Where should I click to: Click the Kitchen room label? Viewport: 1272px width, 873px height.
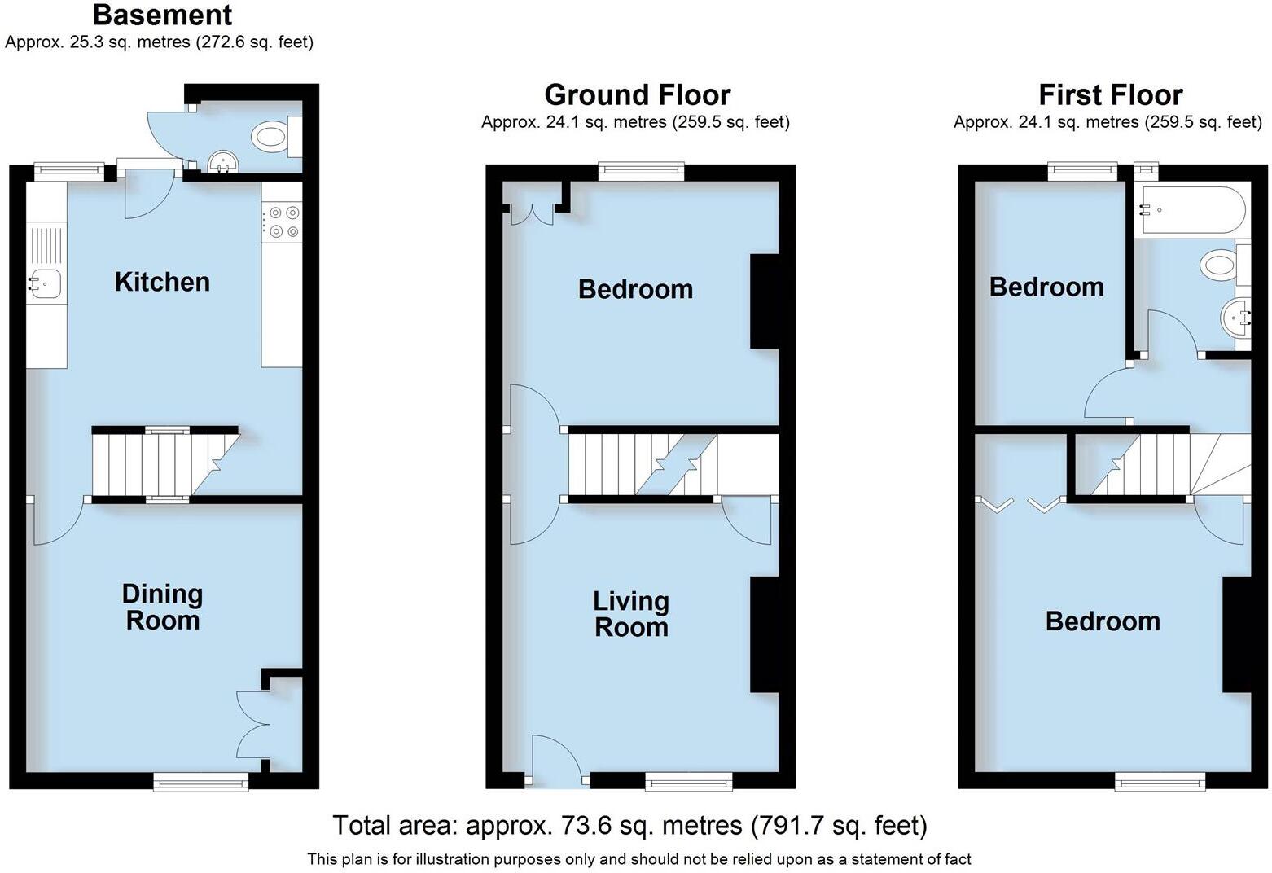162,282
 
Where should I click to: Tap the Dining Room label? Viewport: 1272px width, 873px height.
162,608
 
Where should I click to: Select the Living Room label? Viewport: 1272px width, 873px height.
631,614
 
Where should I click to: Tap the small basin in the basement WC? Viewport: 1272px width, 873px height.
222,163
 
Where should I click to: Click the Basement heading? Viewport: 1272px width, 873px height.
162,15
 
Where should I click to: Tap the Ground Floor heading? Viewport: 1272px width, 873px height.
637,95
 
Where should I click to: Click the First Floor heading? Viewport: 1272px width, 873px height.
1110,95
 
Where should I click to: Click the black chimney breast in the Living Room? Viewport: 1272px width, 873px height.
764,634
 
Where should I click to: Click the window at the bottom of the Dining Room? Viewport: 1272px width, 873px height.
201,783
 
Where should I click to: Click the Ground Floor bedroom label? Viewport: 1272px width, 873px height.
635,289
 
